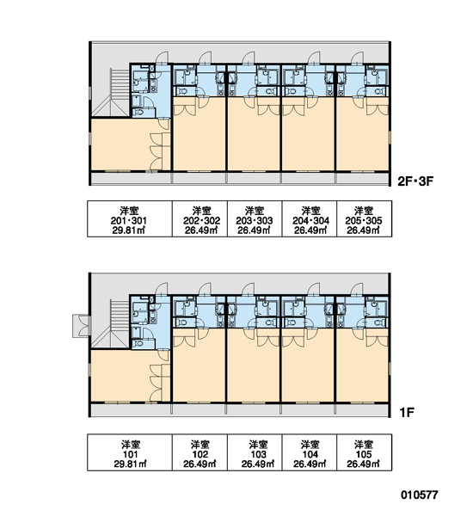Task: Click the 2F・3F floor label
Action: (x=415, y=181)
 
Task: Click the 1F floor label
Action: (x=407, y=412)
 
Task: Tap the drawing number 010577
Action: (x=419, y=494)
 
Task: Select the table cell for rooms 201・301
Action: (x=130, y=218)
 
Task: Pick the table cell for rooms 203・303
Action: (x=255, y=218)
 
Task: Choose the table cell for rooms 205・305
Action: (x=364, y=218)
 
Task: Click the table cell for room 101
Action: (x=130, y=452)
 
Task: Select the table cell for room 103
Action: (x=255, y=452)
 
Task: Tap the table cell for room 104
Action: (x=309, y=452)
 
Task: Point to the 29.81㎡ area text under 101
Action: (x=130, y=464)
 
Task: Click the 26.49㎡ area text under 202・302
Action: (x=201, y=230)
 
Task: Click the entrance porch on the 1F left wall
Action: (x=81, y=326)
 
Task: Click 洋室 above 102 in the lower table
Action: (x=200, y=445)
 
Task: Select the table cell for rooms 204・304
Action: (x=309, y=218)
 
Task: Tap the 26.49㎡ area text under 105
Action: (x=363, y=464)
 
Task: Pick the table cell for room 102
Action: (x=200, y=452)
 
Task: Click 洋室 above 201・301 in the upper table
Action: (x=129, y=211)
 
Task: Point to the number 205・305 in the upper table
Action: (x=364, y=220)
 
